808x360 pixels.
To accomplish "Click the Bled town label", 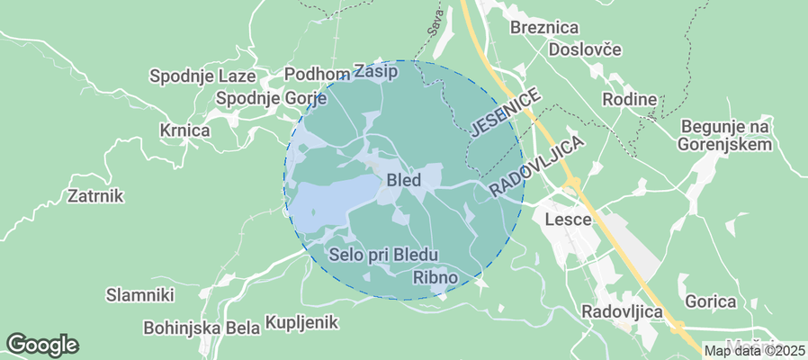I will (x=403, y=180).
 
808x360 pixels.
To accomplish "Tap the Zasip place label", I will (x=375, y=70).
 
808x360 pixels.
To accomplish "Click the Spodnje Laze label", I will (x=202, y=76).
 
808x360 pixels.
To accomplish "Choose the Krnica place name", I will (x=184, y=130).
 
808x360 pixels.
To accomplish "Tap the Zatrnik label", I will (x=95, y=195).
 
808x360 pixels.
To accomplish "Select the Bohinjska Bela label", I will (x=201, y=327).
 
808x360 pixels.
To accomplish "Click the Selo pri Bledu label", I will (x=383, y=255).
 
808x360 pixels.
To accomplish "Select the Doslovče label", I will (x=585, y=49).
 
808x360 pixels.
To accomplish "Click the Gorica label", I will (x=711, y=301).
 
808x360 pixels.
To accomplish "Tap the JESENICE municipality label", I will (x=507, y=112).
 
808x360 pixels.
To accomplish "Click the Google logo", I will (x=42, y=344).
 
